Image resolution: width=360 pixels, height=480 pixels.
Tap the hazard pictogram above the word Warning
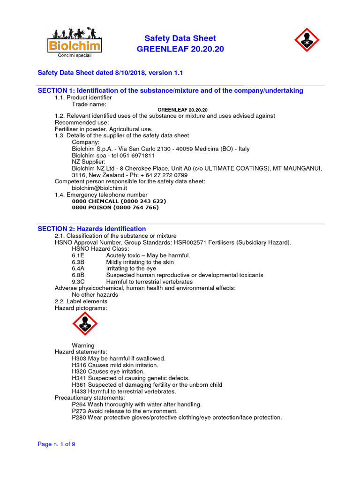tap(85, 324)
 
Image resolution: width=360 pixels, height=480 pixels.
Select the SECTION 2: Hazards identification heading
tap(91, 229)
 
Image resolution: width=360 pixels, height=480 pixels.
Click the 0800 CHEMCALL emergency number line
tap(119, 201)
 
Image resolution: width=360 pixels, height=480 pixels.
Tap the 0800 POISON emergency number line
tap(115, 208)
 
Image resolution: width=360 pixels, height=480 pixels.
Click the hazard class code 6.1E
tap(78, 255)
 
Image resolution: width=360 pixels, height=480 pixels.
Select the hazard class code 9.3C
tap(78, 282)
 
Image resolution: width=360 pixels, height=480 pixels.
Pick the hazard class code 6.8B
tap(78, 275)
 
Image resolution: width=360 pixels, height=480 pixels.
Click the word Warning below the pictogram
tap(83, 345)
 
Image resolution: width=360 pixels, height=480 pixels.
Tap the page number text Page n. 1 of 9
tap(56, 445)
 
